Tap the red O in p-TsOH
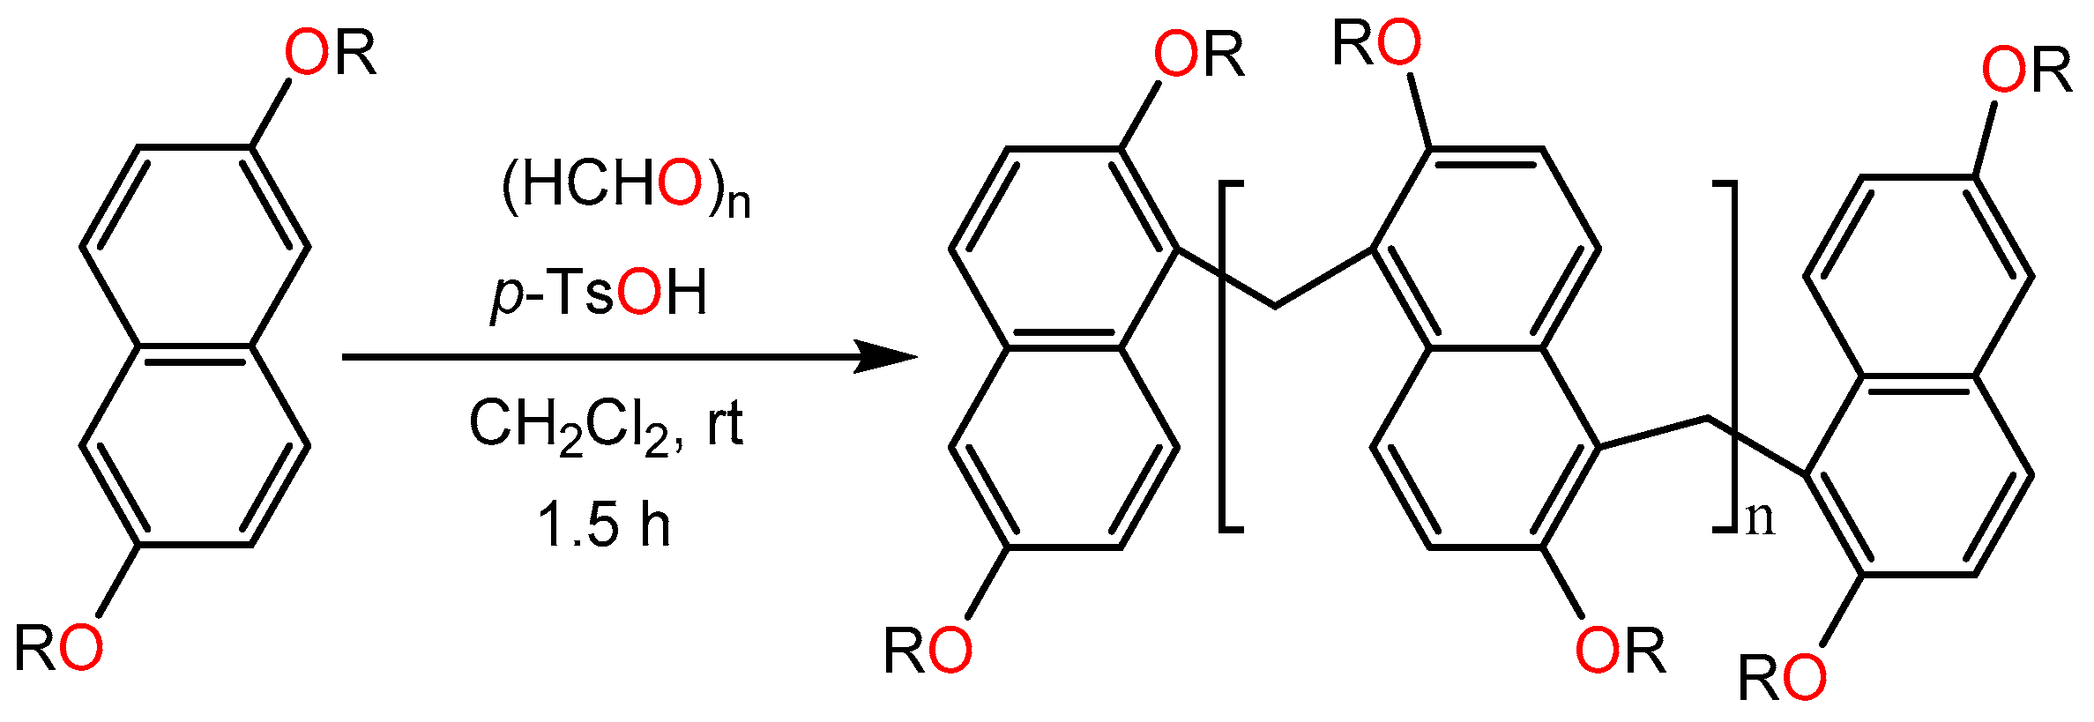(x=638, y=293)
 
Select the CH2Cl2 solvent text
(x=569, y=425)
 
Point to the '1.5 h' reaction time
(x=604, y=525)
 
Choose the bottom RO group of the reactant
(x=58, y=650)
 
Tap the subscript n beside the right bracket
(x=1760, y=518)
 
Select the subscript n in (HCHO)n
(x=739, y=203)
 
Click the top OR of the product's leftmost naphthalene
(x=1199, y=55)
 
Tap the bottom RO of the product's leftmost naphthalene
(x=928, y=651)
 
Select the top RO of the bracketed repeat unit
(x=1376, y=42)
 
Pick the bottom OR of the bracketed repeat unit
(x=1621, y=651)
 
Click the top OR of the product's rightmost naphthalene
(x=2026, y=70)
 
